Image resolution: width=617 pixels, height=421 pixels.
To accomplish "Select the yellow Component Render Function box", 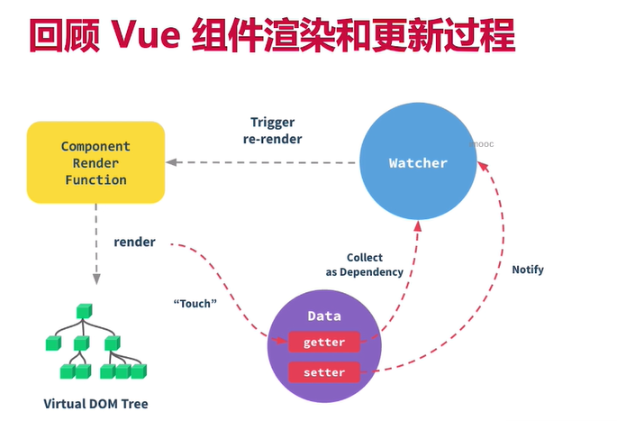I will click(x=95, y=163).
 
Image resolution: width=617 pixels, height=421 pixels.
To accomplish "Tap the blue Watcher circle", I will click(x=418, y=163).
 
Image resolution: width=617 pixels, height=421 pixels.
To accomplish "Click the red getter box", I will click(x=324, y=343).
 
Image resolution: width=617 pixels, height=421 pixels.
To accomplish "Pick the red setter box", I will click(x=324, y=371).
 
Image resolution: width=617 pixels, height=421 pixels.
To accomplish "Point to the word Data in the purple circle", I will click(x=324, y=316).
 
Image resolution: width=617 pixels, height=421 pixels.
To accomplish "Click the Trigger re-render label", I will click(x=272, y=131).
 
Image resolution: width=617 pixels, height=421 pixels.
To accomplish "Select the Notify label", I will click(x=528, y=270).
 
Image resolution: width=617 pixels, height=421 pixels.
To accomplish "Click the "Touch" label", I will click(x=195, y=304).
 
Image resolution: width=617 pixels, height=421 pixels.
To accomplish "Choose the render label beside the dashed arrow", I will click(x=134, y=243).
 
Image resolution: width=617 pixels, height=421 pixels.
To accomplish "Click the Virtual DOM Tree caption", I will click(x=95, y=404).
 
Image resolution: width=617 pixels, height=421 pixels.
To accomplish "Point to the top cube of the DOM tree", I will click(x=83, y=312).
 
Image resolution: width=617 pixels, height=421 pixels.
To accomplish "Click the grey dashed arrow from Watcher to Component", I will click(x=261, y=163).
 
